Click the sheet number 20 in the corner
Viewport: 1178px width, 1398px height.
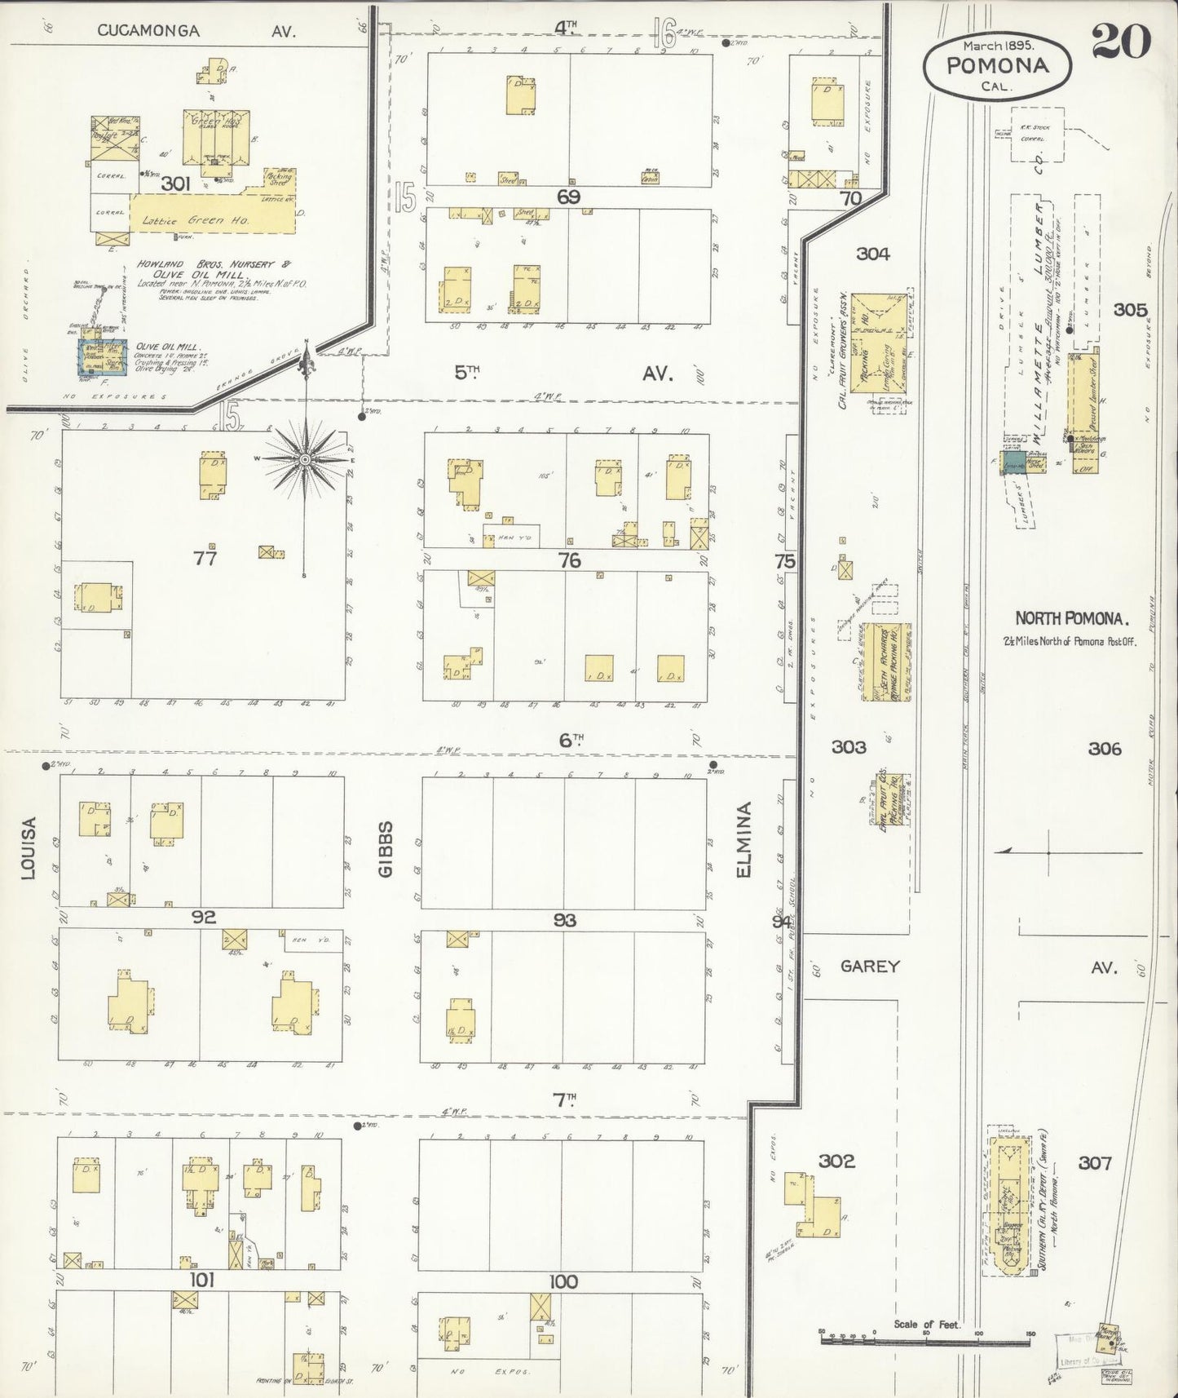coord(1121,41)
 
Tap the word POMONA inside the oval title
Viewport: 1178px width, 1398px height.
coord(997,66)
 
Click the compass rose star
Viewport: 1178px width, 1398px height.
coord(305,459)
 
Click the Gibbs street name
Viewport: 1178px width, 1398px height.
coord(386,848)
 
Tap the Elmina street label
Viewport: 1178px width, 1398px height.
coord(743,840)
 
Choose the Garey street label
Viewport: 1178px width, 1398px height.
coord(870,967)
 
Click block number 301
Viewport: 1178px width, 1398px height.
coord(175,184)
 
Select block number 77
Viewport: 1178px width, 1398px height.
coord(205,558)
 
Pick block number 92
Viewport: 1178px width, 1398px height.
coord(203,918)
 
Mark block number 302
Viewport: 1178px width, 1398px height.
coord(836,1161)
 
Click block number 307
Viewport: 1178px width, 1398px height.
coord(1094,1162)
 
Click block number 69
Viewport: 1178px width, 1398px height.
coord(568,197)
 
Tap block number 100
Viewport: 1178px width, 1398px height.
coord(563,1282)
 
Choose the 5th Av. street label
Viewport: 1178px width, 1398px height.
coord(563,373)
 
